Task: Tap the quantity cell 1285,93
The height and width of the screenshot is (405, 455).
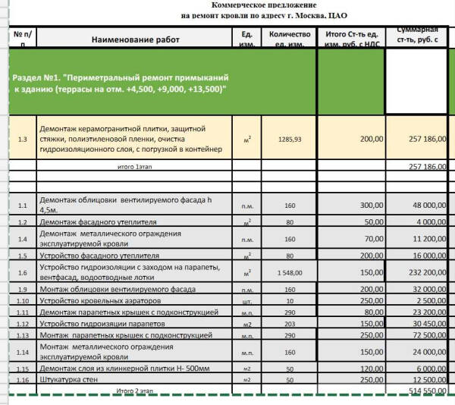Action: [x=290, y=140]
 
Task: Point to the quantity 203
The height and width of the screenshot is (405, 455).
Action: [x=289, y=323]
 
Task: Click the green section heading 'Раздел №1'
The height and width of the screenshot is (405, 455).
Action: [x=121, y=83]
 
